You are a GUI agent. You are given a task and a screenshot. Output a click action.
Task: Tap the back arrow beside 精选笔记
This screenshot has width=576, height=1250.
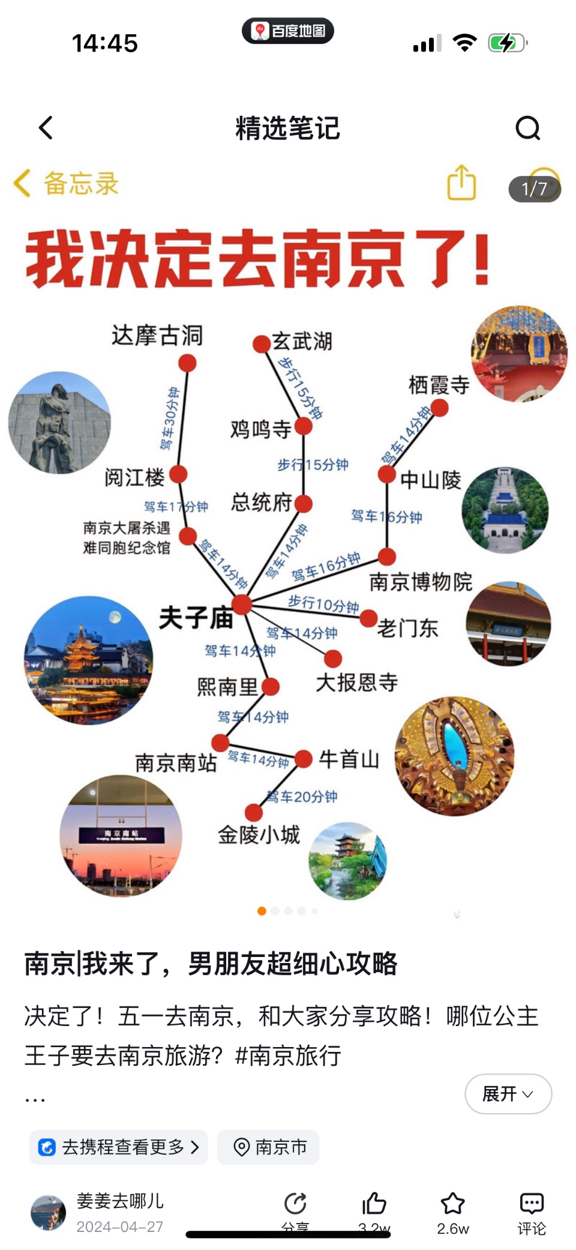click(x=46, y=127)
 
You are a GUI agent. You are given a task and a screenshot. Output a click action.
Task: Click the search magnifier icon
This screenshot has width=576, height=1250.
click(x=528, y=127)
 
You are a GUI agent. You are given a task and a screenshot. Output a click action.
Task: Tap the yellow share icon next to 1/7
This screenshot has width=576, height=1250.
click(x=461, y=183)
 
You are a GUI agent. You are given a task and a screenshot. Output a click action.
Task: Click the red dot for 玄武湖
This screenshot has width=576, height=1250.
click(x=262, y=344)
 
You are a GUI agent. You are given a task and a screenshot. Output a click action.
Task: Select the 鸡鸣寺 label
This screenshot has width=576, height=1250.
click(x=260, y=429)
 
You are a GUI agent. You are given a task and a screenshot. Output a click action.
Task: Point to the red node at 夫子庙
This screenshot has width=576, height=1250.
click(x=242, y=604)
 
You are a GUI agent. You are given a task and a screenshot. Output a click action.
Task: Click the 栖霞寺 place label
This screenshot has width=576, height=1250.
click(x=439, y=385)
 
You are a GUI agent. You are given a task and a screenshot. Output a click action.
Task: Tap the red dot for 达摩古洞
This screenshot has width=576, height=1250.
click(x=187, y=363)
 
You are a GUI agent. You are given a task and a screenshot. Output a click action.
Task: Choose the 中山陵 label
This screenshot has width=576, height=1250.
click(x=430, y=480)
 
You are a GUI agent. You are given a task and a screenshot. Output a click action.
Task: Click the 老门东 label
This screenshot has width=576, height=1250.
click(x=407, y=628)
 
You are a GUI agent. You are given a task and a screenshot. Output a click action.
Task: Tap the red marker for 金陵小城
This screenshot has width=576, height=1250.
click(x=254, y=812)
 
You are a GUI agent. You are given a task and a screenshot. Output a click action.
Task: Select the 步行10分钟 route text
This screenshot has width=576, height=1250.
click(x=323, y=603)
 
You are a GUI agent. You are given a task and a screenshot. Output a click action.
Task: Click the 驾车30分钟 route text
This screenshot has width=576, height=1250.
click(x=169, y=418)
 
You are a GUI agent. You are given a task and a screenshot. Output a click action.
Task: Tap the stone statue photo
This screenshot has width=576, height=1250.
click(x=59, y=422)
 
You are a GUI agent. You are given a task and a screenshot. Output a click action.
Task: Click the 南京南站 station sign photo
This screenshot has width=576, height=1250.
click(x=121, y=836)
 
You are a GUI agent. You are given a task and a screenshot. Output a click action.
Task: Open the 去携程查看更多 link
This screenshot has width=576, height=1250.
click(x=119, y=1147)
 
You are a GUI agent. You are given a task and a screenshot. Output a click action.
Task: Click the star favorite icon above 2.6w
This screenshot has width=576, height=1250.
click(x=452, y=1203)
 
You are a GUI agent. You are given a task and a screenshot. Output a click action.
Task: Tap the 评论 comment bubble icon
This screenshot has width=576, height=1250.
click(x=531, y=1203)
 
